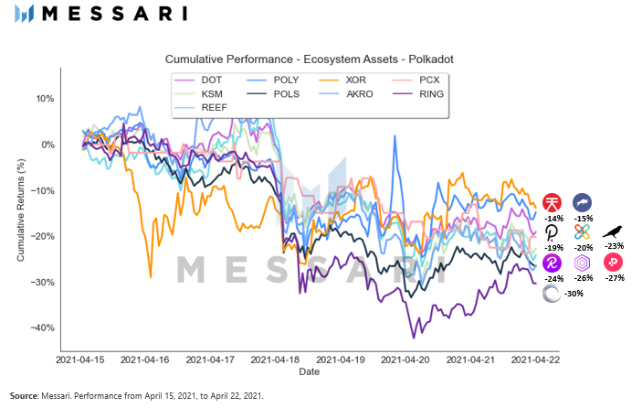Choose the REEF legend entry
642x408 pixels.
[x=216, y=107]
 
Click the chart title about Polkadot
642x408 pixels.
[x=310, y=59]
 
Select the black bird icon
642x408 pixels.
[x=613, y=231]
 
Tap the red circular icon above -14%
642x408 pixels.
[x=552, y=202]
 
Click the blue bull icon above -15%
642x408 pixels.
[x=583, y=202]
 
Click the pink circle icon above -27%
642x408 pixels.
[x=613, y=263]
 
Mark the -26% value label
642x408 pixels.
[x=583, y=277]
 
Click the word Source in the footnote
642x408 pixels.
[x=25, y=395]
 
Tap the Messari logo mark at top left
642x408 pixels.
[x=26, y=14]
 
